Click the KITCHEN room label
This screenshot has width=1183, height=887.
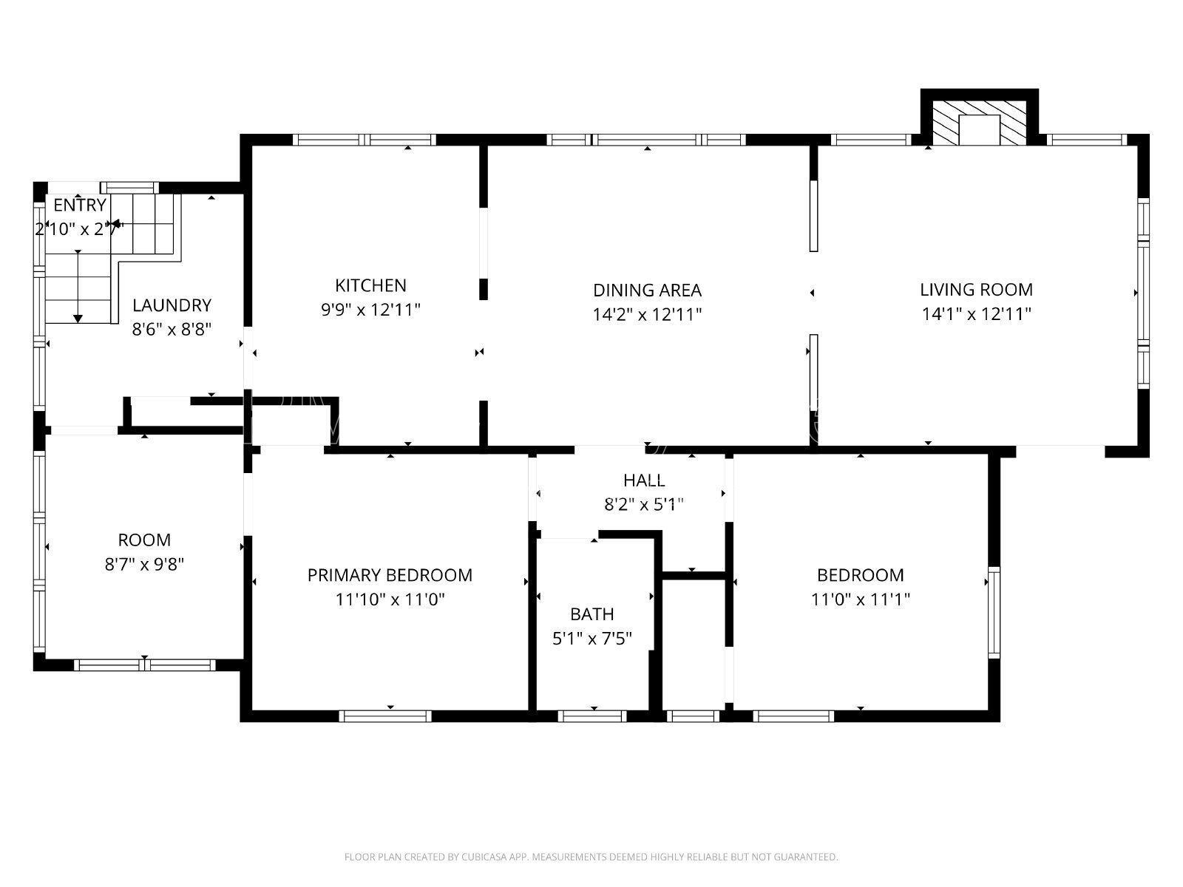[x=370, y=285]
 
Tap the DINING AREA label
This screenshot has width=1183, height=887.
[x=647, y=290]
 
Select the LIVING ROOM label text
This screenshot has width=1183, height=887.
[x=976, y=290]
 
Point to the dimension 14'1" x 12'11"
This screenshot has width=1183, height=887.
[x=976, y=314]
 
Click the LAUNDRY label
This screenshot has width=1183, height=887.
[x=172, y=305]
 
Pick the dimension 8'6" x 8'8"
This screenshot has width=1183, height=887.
[x=172, y=329]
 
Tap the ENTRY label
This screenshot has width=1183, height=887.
[x=80, y=205]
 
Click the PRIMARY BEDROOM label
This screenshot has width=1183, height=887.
[x=390, y=575]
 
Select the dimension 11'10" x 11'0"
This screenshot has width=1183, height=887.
[x=390, y=599]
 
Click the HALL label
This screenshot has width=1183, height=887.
[x=643, y=480]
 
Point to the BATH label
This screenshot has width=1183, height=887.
[x=591, y=614]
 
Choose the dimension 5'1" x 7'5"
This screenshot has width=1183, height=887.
[x=591, y=639]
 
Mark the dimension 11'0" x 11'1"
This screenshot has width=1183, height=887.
[x=860, y=599]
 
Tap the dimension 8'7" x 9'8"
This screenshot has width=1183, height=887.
[x=144, y=565]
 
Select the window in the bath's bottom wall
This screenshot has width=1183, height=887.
[x=591, y=716]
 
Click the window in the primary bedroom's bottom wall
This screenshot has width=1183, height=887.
[x=385, y=716]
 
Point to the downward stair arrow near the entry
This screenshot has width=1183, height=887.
[x=78, y=286]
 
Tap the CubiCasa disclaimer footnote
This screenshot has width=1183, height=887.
[x=591, y=857]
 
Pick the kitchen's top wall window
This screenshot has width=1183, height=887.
[x=365, y=140]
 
